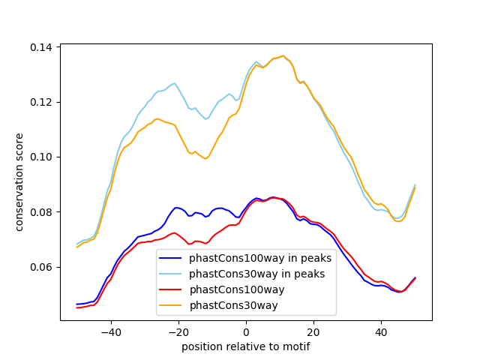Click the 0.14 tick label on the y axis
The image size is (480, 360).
42,47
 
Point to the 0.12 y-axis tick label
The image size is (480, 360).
42,102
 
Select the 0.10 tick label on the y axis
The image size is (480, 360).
42,157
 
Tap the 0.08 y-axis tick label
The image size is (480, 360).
42,212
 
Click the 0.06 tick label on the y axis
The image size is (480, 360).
42,267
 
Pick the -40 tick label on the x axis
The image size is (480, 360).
110,332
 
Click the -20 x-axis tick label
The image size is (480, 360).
178,332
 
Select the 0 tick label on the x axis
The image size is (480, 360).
246,332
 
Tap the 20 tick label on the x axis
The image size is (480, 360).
313,332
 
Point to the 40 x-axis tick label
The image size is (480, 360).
381,332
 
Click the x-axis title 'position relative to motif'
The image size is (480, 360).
246,346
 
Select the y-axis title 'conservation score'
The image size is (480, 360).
20,182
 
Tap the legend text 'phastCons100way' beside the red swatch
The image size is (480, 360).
232,289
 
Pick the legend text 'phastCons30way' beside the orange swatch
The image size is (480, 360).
229,305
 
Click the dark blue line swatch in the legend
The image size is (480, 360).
173,258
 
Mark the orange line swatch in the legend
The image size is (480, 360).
173,305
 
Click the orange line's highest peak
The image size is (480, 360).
283,55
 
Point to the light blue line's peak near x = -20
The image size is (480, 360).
174,83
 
